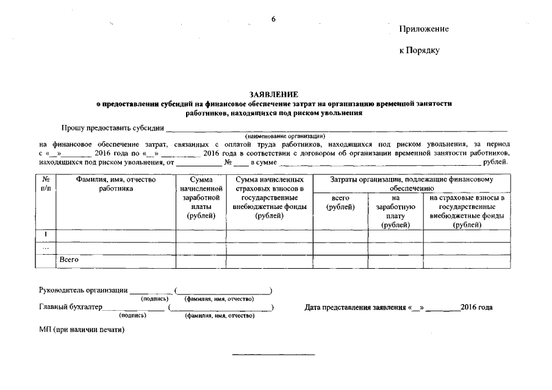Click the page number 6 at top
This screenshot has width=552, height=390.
274,19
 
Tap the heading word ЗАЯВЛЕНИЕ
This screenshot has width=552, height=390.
274,95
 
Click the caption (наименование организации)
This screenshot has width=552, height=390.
285,135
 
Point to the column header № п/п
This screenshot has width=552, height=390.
46,184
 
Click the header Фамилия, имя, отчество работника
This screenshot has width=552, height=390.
116,184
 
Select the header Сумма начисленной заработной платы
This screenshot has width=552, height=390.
201,197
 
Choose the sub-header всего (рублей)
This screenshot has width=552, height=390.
340,202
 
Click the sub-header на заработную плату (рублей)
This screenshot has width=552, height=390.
395,211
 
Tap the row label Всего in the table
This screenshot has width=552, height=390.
69,260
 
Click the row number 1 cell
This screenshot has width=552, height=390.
46,235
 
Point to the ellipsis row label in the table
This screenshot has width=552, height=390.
46,247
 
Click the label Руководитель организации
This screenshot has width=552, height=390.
83,289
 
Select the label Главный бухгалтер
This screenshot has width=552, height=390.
70,307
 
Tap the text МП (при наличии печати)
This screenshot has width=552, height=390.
82,330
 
